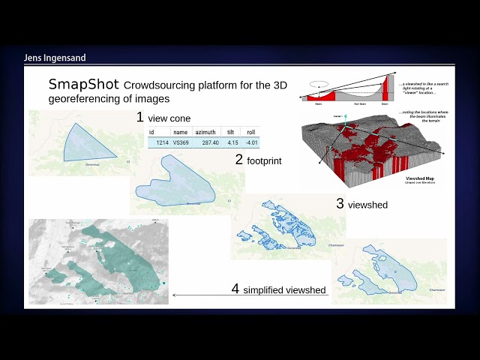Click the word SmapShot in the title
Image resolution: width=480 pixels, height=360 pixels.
[x=84, y=84]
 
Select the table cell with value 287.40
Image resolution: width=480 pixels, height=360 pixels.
[x=206, y=142]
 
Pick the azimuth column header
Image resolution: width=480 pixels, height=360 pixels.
[x=205, y=131]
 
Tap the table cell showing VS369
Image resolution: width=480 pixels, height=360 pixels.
[x=181, y=142]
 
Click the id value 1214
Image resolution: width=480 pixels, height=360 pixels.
[x=161, y=142]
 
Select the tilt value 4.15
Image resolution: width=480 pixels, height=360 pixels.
[x=232, y=142]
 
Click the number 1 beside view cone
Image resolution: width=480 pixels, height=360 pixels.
[x=139, y=117]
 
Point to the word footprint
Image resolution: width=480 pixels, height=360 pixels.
[x=264, y=160]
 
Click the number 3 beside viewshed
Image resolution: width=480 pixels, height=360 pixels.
[x=340, y=203]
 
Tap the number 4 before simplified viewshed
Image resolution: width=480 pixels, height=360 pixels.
[x=235, y=289]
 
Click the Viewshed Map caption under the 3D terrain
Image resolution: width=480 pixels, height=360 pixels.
[x=420, y=178]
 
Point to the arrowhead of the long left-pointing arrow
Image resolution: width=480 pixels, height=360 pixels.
[x=174, y=295]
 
